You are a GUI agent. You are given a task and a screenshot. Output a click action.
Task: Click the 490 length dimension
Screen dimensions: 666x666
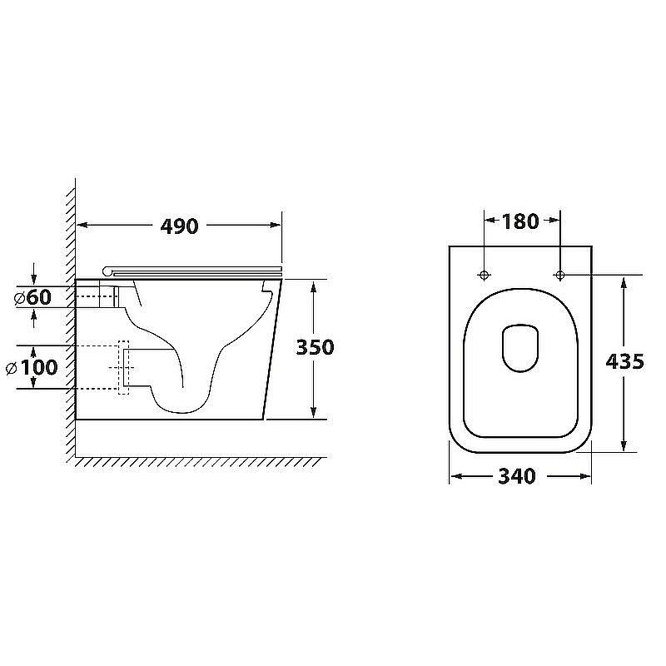point(179,226)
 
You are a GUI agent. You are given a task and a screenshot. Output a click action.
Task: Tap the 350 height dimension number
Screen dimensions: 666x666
point(316,347)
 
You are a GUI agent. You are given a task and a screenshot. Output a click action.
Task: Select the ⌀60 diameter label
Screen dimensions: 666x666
point(32,297)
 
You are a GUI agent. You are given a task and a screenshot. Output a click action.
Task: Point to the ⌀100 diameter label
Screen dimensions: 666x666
point(32,367)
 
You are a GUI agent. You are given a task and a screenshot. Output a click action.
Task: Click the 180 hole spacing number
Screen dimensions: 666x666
point(520,221)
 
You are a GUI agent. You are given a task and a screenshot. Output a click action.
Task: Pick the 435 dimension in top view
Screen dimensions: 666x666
point(625,362)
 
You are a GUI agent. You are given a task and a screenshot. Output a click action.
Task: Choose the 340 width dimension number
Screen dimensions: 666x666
point(517,476)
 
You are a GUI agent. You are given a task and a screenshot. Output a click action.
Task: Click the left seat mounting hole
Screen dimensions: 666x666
point(485,276)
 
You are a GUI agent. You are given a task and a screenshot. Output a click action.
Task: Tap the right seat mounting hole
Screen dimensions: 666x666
point(559,276)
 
